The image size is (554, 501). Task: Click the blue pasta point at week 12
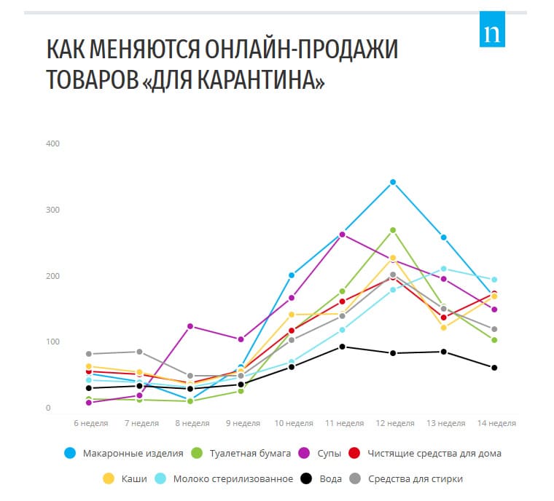click(393, 182)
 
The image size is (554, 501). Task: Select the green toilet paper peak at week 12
click(393, 230)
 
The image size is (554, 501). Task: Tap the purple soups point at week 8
click(190, 326)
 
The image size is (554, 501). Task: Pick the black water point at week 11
click(342, 347)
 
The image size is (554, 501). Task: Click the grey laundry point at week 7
click(139, 352)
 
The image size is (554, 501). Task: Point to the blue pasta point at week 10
click(292, 275)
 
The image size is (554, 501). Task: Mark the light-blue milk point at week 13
click(444, 269)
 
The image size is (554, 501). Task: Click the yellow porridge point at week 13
click(444, 328)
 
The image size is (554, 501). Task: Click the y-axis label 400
click(52, 143)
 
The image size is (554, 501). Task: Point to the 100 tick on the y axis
click(52, 342)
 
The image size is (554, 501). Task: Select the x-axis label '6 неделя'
click(91, 423)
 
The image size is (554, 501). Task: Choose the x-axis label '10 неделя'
click(294, 423)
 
